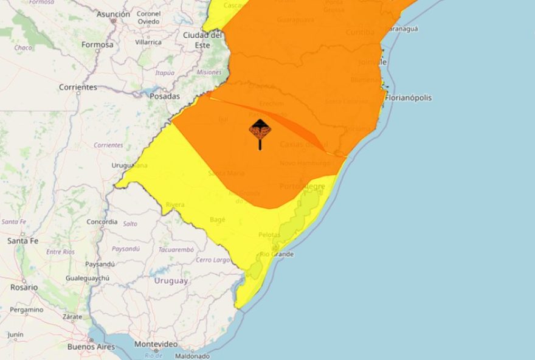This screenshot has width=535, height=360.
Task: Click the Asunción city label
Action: pos(113,14)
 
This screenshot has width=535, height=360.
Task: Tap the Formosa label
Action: pos(97,44)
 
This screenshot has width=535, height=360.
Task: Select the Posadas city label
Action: pos(165,96)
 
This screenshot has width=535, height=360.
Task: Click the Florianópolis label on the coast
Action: pos(409,97)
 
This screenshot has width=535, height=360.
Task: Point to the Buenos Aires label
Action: pos(91,347)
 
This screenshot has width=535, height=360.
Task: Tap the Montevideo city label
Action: pos(156,344)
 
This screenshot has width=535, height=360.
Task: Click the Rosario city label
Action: pos(23,287)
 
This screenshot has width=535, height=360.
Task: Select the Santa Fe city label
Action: pos(22,241)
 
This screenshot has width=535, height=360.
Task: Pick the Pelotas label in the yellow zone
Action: pos(269,235)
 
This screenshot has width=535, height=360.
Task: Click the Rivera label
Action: pos(175,205)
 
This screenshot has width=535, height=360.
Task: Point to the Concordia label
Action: pos(102,222)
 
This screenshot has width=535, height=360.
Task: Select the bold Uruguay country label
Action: pos(171,281)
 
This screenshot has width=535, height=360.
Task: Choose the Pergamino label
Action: pos(26,310)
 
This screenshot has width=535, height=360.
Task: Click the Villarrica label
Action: pos(148,42)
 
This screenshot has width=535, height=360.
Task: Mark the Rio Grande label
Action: pos(277,254)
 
